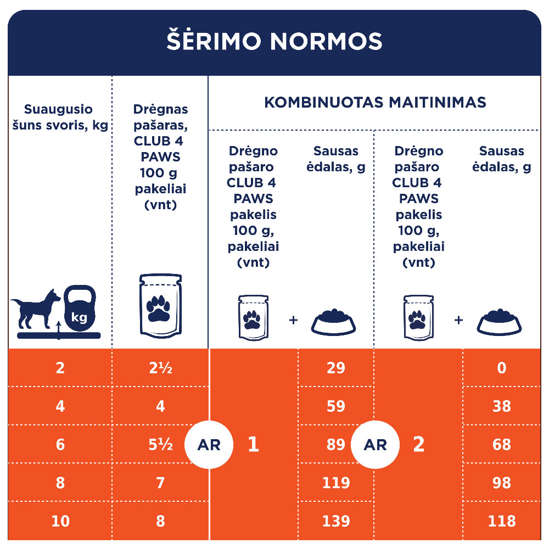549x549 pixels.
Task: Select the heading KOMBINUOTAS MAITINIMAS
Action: (375, 103)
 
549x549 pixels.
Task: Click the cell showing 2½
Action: (160, 368)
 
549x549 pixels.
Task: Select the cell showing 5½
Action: (160, 445)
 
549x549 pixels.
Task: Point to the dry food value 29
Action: (335, 368)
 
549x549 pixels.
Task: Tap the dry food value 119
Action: (335, 483)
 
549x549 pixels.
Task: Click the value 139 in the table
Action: (335, 521)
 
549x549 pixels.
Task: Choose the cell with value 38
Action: (501, 406)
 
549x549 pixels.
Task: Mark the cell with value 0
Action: (501, 368)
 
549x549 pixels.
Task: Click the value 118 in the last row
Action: (501, 521)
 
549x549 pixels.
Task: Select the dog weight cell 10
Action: (60, 521)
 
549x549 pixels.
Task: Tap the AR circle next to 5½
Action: (209, 445)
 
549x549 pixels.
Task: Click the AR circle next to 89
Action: (375, 445)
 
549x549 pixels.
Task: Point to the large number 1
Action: (253, 445)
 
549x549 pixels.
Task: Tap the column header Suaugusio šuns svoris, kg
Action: (60, 117)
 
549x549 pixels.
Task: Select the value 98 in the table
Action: (501, 483)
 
